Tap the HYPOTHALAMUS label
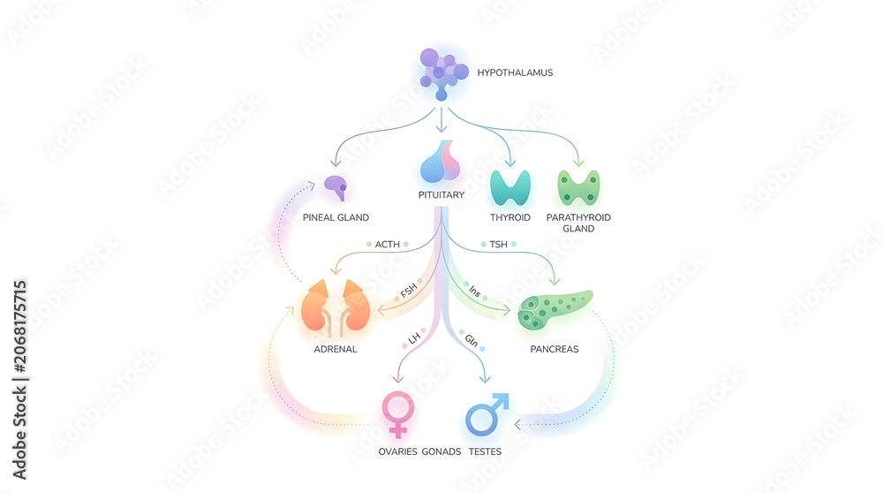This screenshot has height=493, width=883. coord(515,72)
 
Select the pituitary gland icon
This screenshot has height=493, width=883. coord(441,162)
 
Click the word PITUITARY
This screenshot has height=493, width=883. coord(441,195)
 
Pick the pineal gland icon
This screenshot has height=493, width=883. coord(336,187)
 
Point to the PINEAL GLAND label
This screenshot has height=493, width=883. coord(336,217)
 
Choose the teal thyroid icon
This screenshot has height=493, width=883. coord(510,187)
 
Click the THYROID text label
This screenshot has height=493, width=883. coord(510,217)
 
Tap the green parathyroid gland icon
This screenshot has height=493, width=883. coord(578,187)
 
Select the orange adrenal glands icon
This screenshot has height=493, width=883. coord(336,307)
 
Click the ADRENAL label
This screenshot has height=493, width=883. coord(336,349)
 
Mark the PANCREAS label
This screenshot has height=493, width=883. coord(555,349)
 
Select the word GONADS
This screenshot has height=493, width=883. coord(441,451)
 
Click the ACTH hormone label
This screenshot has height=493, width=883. coord(388,245)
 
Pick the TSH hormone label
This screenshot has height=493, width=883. coord(498,245)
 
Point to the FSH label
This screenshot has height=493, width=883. coord(408,290)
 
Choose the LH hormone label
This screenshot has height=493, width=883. coord(414,338)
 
